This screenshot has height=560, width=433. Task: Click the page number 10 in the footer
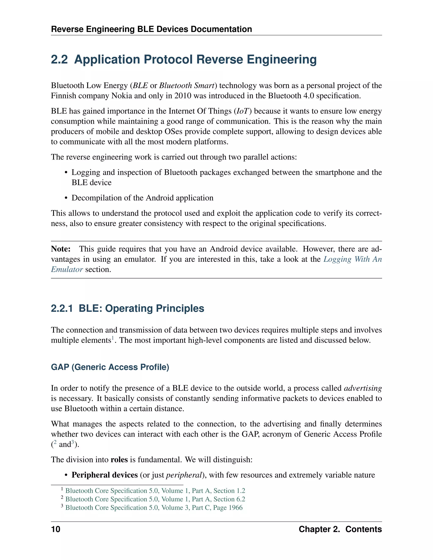pyautogui.click(x=56, y=529)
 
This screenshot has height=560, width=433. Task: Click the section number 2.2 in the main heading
pyautogui.click(x=59, y=60)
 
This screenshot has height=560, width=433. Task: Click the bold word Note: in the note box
pyautogui.click(x=61, y=249)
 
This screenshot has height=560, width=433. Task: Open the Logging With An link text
pyautogui.click(x=352, y=259)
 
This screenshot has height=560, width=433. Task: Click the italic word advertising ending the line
pyautogui.click(x=363, y=388)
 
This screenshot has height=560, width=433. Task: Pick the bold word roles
pyautogui.click(x=119, y=459)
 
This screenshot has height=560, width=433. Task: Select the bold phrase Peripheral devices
pyautogui.click(x=105, y=475)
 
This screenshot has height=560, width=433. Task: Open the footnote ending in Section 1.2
pyautogui.click(x=155, y=490)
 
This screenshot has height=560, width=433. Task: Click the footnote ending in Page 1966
pyautogui.click(x=154, y=507)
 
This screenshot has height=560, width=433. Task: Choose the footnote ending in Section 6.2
pyautogui.click(x=155, y=499)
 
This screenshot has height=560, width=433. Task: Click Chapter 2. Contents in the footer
pyautogui.click(x=340, y=529)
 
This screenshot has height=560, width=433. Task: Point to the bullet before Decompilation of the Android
pyautogui.click(x=66, y=198)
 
